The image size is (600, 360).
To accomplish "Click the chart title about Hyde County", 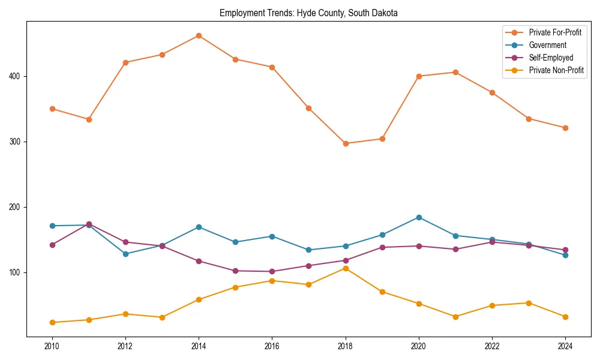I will (308, 13).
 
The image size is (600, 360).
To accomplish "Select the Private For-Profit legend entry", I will (555, 32).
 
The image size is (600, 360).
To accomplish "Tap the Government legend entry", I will (547, 45).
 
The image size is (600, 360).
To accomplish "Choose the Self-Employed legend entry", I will (551, 58).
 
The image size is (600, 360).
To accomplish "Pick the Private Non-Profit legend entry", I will (556, 70).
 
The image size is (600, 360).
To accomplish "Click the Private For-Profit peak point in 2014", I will (199, 35).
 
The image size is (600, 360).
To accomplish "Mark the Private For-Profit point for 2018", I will (346, 143).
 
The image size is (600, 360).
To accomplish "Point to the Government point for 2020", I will (419, 217).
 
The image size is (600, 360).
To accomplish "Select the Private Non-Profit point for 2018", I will (346, 268).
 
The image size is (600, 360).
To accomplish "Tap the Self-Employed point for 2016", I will (272, 271).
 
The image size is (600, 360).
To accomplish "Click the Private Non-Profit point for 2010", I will (52, 322).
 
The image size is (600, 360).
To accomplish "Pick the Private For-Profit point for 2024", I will (565, 128).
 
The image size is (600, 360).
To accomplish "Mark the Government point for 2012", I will (125, 254).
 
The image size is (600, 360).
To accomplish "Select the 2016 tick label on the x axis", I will (272, 346).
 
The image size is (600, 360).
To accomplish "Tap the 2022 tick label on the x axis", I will (492, 346).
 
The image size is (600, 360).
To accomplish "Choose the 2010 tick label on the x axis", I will (52, 346).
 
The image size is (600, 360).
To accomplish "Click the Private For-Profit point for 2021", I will (455, 72).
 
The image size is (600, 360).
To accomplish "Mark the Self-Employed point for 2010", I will (52, 245).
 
